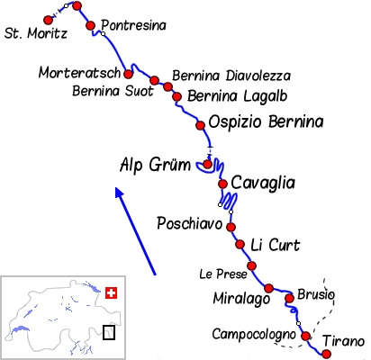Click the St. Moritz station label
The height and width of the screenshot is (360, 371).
tap(36, 35)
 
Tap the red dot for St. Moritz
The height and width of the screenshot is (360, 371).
tap(49, 20)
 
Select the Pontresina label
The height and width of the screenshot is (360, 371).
tap(134, 25)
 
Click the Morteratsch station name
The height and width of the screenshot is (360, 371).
tap(79, 71)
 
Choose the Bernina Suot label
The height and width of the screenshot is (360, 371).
tap(113, 90)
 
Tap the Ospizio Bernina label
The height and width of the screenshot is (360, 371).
tap(265, 121)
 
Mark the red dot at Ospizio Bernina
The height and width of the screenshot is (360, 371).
tap(201, 125)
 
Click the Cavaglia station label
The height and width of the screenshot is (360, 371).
tap(263, 183)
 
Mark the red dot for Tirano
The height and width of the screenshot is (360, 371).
tap(326, 354)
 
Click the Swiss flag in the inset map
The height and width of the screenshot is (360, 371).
tap(112, 293)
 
